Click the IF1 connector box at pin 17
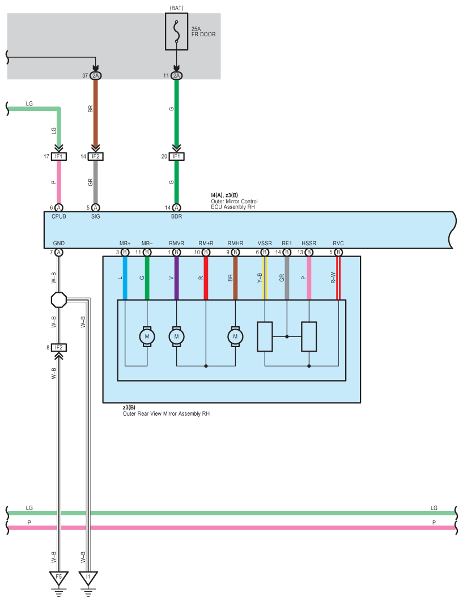(x=59, y=156)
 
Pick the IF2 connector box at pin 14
(x=95, y=156)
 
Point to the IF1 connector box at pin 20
(x=176, y=156)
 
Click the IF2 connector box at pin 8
(x=59, y=347)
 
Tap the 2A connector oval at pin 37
(x=95, y=75)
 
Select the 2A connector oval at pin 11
(x=176, y=75)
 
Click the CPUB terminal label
(x=59, y=216)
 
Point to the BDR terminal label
(x=176, y=216)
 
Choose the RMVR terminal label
(x=176, y=243)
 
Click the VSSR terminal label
(x=264, y=243)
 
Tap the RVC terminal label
(x=338, y=243)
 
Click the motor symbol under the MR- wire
(x=147, y=336)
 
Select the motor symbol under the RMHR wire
(x=235, y=336)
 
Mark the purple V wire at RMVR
(x=176, y=277)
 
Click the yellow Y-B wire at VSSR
(x=264, y=277)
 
